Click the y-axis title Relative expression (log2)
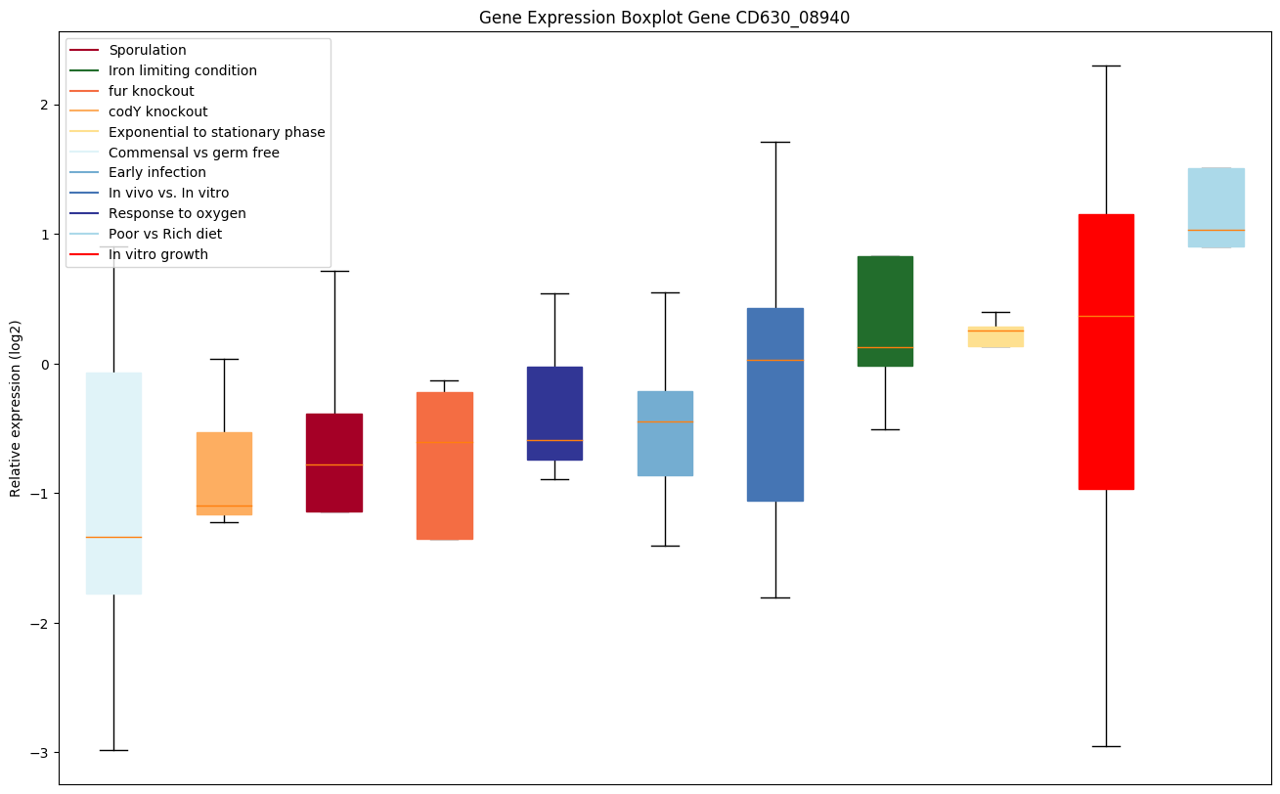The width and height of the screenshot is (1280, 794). [x=16, y=409]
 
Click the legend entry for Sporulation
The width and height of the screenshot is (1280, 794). [x=148, y=50]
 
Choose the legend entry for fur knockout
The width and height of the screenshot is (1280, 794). [x=152, y=91]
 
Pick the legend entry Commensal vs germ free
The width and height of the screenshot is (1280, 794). [x=194, y=153]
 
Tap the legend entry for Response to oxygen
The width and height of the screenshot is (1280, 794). [x=177, y=213]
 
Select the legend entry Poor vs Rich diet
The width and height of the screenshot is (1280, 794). [x=165, y=234]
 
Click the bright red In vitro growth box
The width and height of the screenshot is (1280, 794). [x=1106, y=411]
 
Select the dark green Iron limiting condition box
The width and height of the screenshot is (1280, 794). [x=885, y=293]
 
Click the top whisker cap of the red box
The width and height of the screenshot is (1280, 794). [x=1106, y=66]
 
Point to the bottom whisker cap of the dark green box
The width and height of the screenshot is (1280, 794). [x=885, y=429]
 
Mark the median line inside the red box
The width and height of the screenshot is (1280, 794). [x=1106, y=316]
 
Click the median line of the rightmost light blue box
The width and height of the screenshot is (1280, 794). [x=1216, y=230]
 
